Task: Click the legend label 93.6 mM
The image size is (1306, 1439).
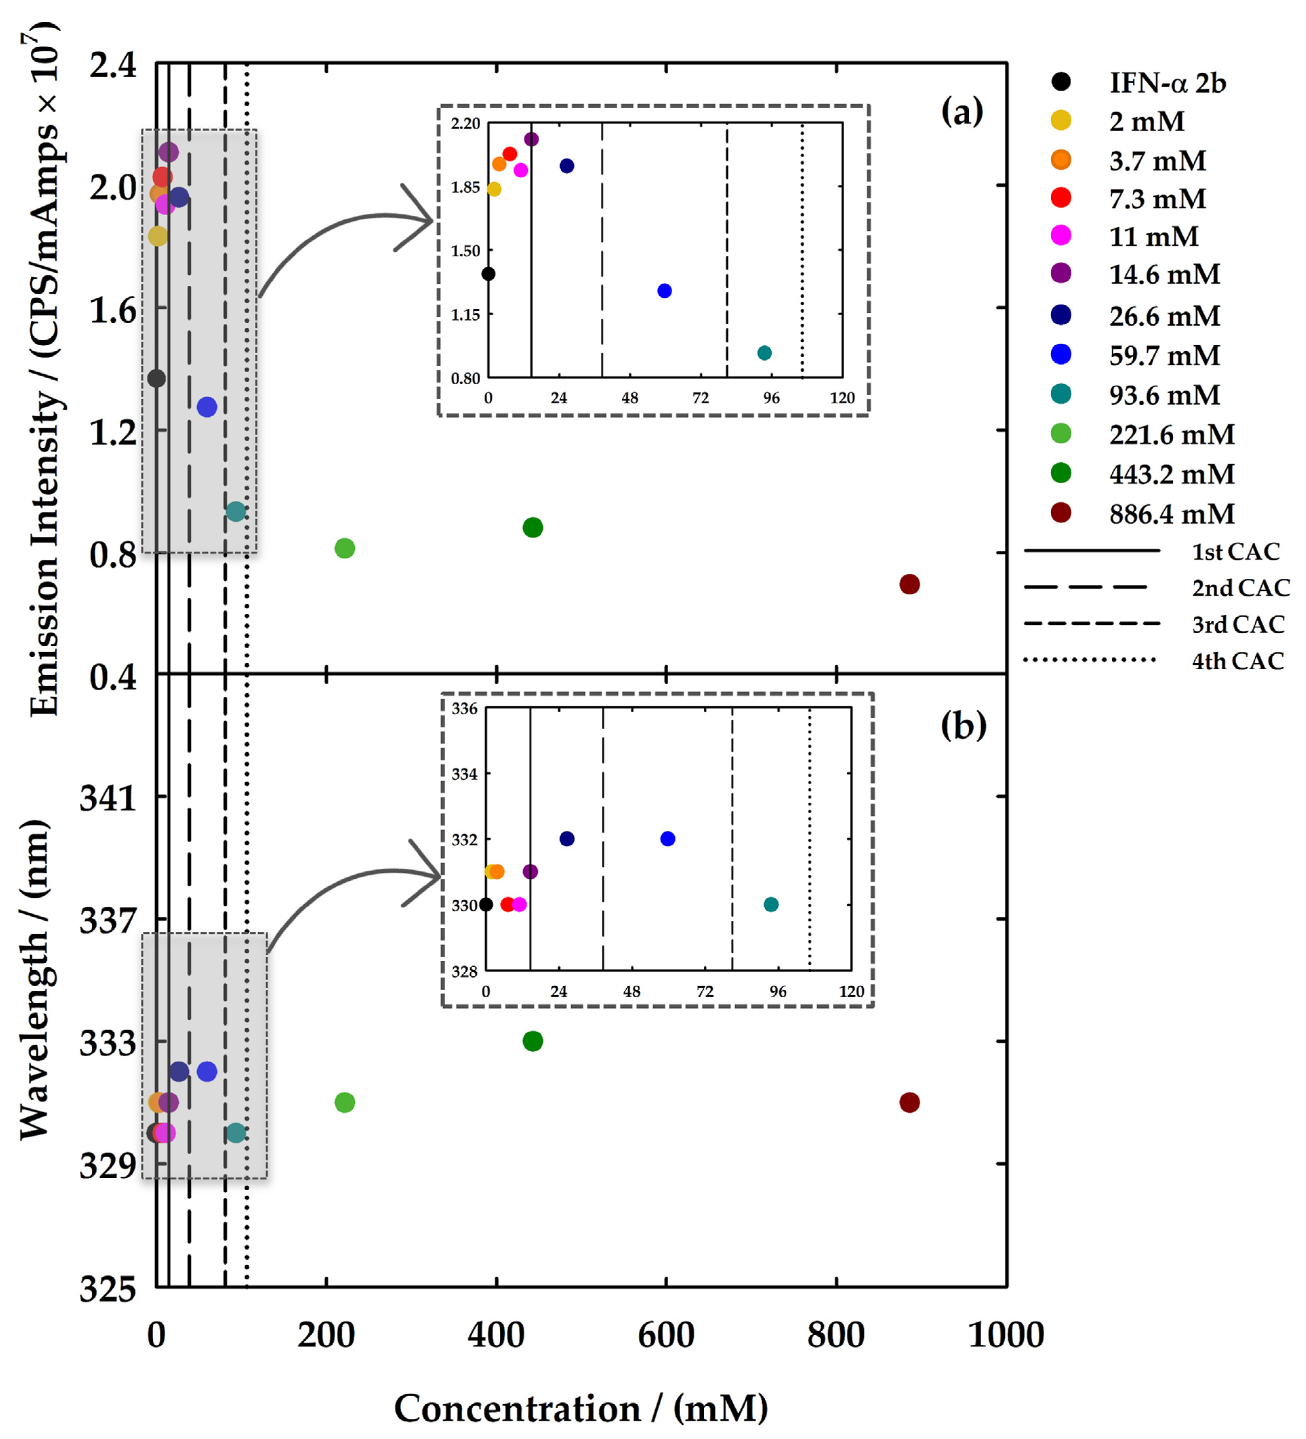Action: coord(1164,395)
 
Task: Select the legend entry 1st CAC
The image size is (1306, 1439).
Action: coord(1235,551)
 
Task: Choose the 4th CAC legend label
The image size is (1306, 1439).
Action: coord(1237,661)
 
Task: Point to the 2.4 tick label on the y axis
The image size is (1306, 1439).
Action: coord(113,66)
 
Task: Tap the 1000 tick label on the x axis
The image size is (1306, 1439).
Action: coord(1006,1335)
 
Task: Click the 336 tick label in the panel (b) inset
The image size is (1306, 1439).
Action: coord(464,709)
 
